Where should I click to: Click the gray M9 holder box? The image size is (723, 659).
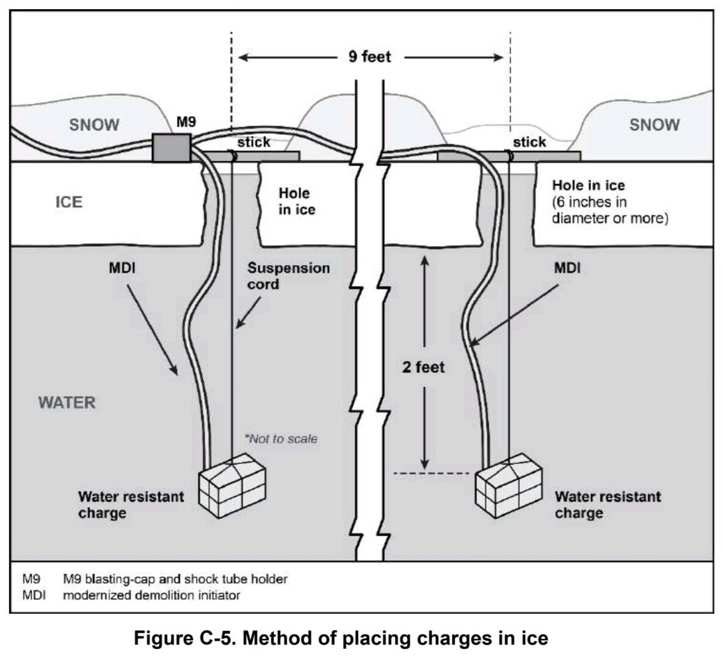coord(171,148)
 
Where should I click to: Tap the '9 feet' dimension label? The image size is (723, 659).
coord(369,57)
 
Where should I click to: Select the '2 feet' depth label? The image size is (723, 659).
coord(423,367)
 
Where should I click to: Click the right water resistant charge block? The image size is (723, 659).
coord(508,485)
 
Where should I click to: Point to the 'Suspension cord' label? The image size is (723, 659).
coord(288,276)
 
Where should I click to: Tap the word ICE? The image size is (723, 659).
coord(69,202)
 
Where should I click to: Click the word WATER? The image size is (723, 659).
coord(67,403)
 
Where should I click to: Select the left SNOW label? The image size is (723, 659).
coord(94,125)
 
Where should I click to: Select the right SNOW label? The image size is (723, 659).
coord(654,124)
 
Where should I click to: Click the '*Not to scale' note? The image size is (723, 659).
coord(281,439)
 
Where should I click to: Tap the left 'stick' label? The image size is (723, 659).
coord(253,142)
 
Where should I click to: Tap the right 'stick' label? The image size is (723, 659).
coord(529,142)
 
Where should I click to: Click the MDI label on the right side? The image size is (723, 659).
coord(567,268)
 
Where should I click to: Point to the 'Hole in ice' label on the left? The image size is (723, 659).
coord(297,201)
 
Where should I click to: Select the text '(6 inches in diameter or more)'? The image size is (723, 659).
coord(609,210)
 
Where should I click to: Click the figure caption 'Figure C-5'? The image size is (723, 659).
coord(341,639)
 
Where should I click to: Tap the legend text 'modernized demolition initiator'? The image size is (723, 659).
coord(151,595)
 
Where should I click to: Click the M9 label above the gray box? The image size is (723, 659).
coord(186,122)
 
